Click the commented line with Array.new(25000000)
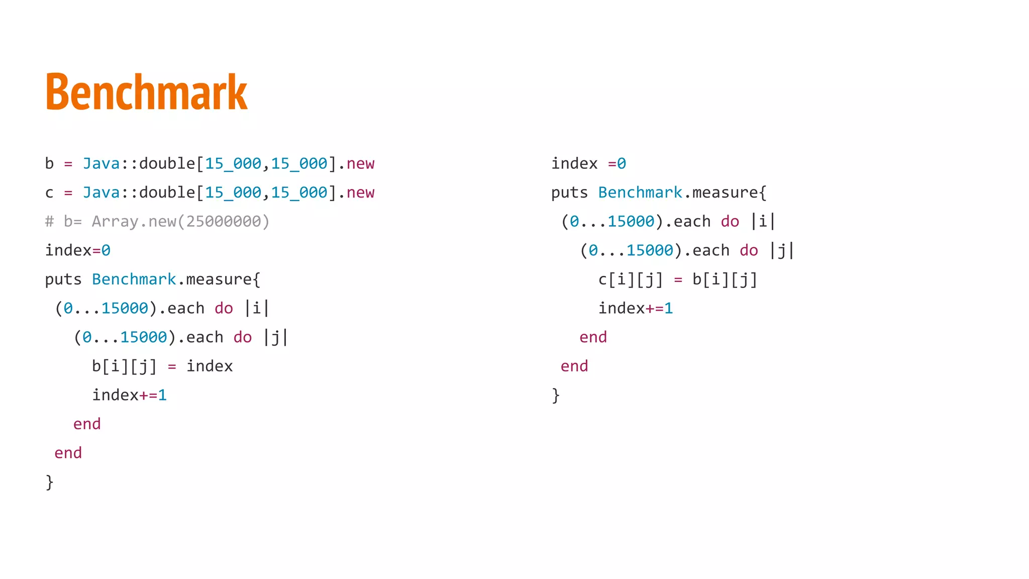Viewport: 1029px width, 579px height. click(x=157, y=222)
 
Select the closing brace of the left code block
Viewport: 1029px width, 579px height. click(x=49, y=482)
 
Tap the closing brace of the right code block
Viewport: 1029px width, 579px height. click(x=556, y=395)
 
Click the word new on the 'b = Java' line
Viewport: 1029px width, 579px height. click(x=360, y=164)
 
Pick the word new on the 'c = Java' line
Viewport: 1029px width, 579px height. click(x=360, y=192)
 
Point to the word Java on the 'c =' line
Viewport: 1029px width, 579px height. click(x=101, y=192)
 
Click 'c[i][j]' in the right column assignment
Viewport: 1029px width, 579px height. click(x=631, y=279)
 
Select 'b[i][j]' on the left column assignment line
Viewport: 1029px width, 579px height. click(x=124, y=366)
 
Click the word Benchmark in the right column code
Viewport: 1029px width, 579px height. click(x=640, y=192)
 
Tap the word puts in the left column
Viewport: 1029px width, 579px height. click(x=63, y=279)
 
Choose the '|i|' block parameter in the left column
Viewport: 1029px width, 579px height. click(x=257, y=308)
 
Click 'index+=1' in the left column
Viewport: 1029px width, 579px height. click(x=129, y=395)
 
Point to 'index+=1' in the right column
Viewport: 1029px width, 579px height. click(x=636, y=308)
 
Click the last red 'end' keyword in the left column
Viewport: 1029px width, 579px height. click(x=68, y=453)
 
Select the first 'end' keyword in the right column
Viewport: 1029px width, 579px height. click(x=593, y=337)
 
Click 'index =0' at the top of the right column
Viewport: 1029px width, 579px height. click(x=588, y=164)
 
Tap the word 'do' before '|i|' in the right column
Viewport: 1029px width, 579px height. click(x=730, y=222)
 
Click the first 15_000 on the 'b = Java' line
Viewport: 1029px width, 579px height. click(x=233, y=164)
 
